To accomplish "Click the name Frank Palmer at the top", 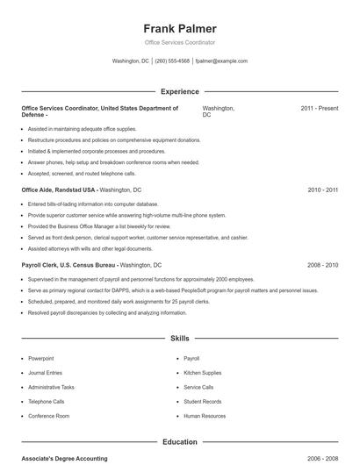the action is click(x=180, y=29).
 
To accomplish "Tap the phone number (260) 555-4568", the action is click(x=173, y=61).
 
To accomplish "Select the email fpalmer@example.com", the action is click(x=221, y=61).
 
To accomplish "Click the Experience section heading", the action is click(x=180, y=91).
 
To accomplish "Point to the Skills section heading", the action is click(x=180, y=338).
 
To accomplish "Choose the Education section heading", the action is click(x=180, y=442).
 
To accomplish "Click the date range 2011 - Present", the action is click(x=319, y=109).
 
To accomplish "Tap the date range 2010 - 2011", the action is click(x=322, y=190).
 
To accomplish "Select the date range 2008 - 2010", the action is click(x=322, y=265).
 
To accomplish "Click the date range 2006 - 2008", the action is click(x=322, y=459).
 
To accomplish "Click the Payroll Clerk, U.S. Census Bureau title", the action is click(x=69, y=265).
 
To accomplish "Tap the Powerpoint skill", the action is click(x=41, y=359).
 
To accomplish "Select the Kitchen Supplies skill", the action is click(x=203, y=373).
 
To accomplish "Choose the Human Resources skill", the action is click(x=205, y=416).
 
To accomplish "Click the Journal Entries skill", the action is click(x=46, y=373).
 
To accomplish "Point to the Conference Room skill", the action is click(x=48, y=416).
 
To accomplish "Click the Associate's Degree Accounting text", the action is click(x=64, y=459).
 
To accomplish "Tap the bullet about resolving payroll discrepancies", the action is click(x=95, y=312).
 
